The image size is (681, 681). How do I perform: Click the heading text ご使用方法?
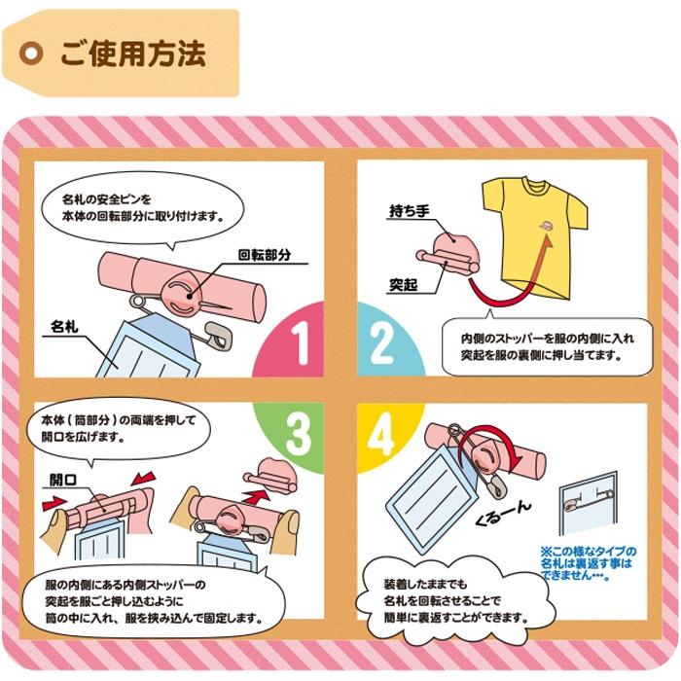(132, 53)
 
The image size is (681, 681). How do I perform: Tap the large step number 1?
(299, 343)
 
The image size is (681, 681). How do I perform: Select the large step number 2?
(380, 343)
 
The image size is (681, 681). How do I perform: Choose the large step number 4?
(380, 434)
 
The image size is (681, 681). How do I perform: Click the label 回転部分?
(265, 256)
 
